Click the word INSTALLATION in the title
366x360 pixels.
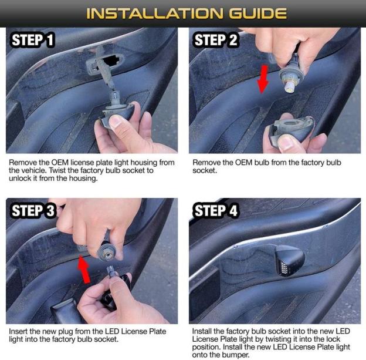pos(154,14)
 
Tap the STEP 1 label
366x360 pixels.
pos(32,40)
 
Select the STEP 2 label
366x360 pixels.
pos(215,40)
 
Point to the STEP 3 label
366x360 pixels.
pos(33,210)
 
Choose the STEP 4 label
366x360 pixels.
pos(215,210)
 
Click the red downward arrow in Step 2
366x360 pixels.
pos(263,79)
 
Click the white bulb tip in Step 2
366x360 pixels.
pos(289,87)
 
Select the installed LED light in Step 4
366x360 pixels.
pos(290,260)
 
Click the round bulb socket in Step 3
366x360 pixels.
pos(106,253)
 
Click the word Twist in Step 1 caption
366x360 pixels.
pos(57,170)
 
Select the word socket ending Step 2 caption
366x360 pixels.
pos(205,170)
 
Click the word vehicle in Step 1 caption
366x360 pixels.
pos(35,170)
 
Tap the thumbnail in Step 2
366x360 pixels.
pos(286,142)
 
